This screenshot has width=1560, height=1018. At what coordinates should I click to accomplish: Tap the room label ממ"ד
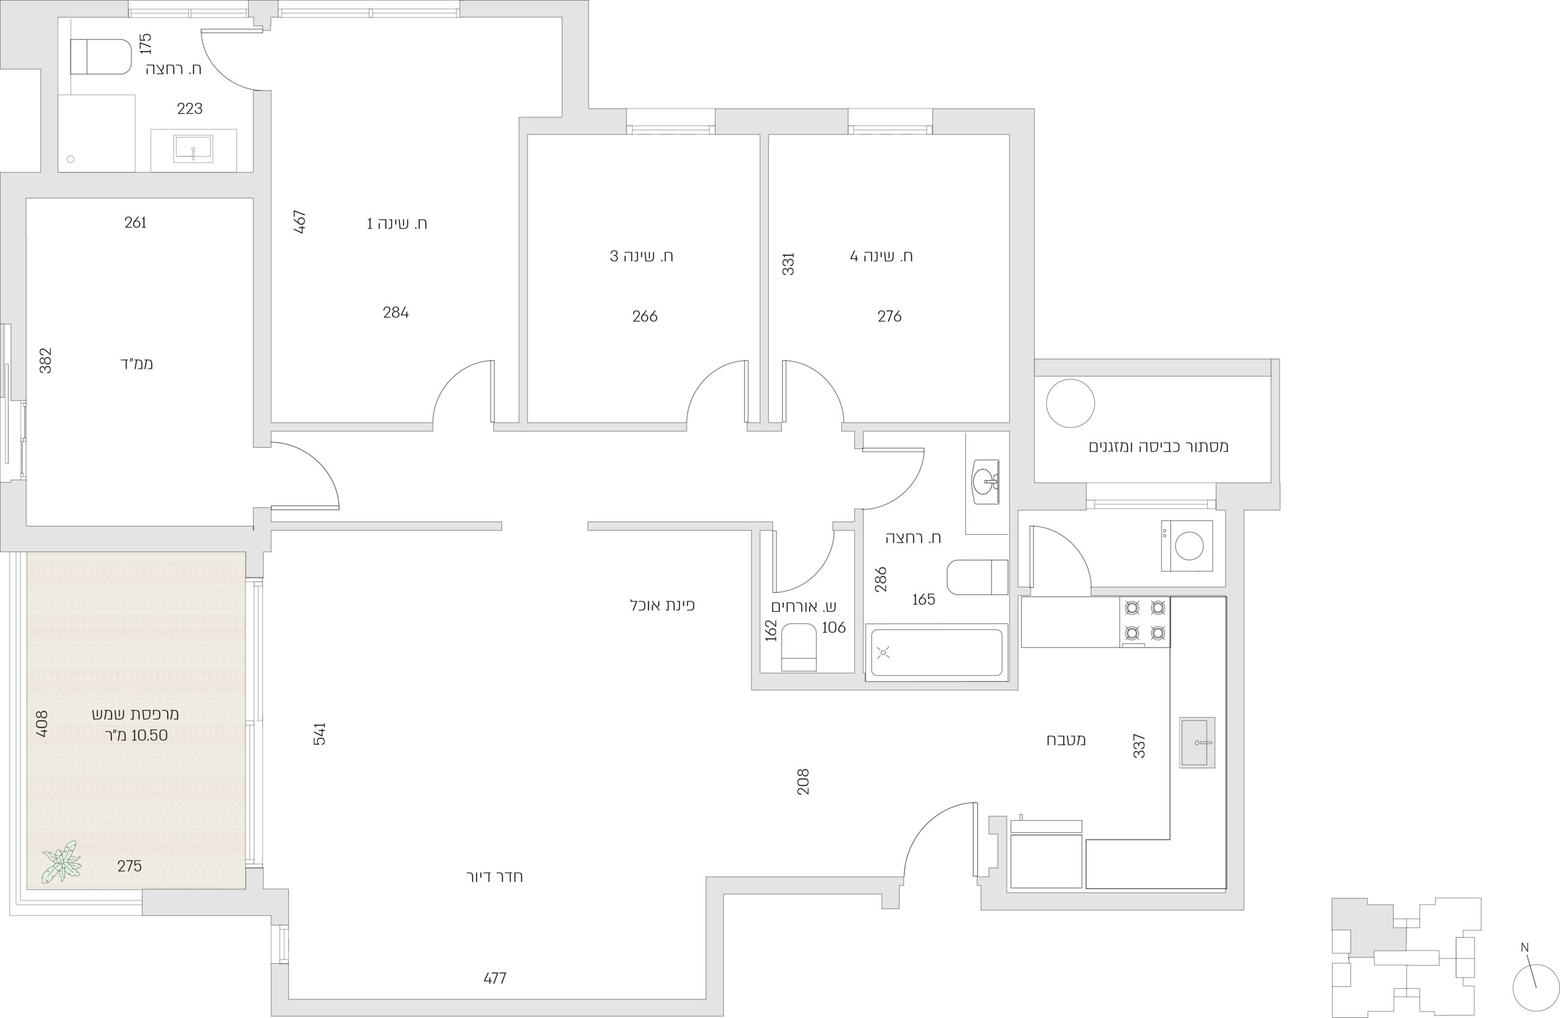[x=136, y=364]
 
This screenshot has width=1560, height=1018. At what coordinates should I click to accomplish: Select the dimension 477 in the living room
[x=495, y=978]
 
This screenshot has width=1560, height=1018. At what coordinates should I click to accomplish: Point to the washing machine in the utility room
[x=1186, y=546]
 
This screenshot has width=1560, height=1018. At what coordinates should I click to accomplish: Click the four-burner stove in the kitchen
[x=1144, y=621]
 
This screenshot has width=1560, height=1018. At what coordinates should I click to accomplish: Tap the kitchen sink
[x=1197, y=742]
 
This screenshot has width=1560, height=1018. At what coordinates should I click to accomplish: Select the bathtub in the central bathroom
[x=936, y=652]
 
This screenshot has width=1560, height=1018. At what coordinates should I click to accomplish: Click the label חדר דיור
[x=494, y=877]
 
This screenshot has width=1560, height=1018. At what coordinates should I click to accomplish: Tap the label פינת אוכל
[x=662, y=606]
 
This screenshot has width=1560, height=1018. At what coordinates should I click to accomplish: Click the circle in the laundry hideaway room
[x=1071, y=403]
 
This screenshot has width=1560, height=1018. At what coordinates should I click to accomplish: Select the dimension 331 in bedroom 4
[x=789, y=263]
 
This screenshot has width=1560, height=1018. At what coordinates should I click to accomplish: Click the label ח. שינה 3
[x=642, y=256]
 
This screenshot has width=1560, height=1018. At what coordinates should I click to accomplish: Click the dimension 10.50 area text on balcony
[x=149, y=735]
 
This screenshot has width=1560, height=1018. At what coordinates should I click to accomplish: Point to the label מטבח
[x=1066, y=740]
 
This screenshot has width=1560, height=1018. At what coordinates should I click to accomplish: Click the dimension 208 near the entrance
[x=803, y=782]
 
